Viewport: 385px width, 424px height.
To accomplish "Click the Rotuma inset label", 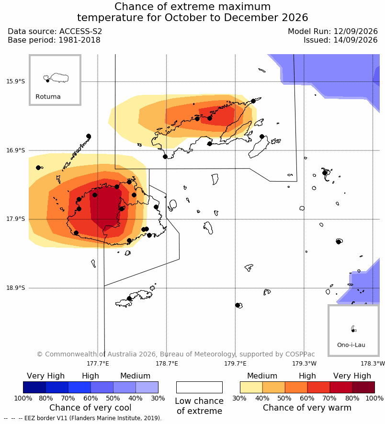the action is click(48, 97).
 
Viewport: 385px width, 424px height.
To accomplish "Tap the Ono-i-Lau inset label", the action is click(351, 345).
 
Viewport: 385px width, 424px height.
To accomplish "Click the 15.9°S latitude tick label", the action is click(16, 81).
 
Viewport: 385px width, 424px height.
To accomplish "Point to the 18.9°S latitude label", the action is click(16, 288).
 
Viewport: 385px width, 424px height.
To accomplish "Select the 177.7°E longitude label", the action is click(98, 363).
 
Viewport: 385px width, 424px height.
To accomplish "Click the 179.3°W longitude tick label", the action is click(304, 363).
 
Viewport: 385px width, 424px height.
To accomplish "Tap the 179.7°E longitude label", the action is click(235, 363).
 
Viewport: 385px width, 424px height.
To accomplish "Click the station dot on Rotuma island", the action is click(47, 80).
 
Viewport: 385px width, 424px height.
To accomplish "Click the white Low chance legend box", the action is click(199, 387).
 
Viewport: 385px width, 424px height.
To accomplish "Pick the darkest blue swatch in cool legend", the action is click(34, 387).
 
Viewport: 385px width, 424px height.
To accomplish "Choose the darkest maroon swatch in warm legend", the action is click(363, 387).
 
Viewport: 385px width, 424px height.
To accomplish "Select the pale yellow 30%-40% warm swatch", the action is click(251, 387).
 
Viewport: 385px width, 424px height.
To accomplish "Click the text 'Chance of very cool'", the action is click(91, 408).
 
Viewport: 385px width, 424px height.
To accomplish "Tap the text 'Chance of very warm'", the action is click(307, 408).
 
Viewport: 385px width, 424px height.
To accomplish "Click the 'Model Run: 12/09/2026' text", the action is click(332, 31).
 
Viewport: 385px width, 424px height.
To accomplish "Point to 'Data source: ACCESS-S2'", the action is click(55, 31).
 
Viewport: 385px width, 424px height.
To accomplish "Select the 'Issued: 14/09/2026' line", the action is click(340, 40).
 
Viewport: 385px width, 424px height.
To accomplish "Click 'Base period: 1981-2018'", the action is click(54, 40).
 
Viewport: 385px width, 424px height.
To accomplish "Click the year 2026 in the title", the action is click(294, 18).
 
